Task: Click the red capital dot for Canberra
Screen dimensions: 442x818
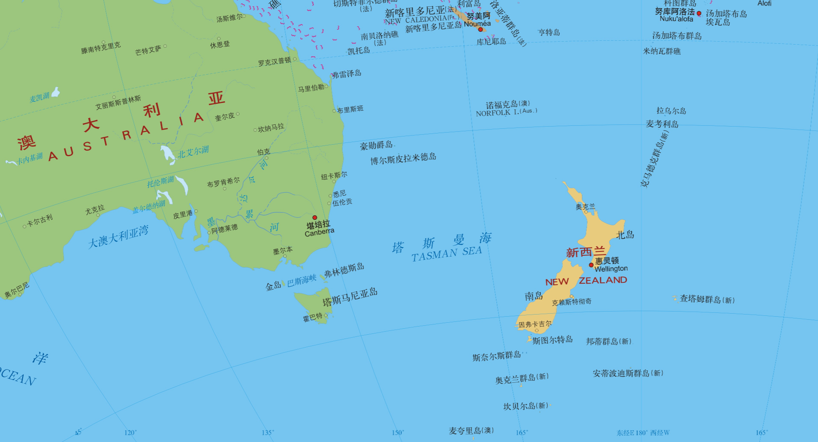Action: pyautogui.click(x=314, y=218)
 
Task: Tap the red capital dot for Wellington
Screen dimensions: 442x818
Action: pyautogui.click(x=591, y=265)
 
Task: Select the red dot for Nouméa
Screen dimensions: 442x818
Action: pyautogui.click(x=480, y=30)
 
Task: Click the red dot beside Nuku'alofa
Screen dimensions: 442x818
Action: pyautogui.click(x=699, y=14)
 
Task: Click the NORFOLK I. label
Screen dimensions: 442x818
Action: pyautogui.click(x=506, y=112)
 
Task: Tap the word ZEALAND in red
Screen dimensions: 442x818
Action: pyautogui.click(x=603, y=280)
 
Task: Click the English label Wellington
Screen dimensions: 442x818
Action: pyautogui.click(x=611, y=269)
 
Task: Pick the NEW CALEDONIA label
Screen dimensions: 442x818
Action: pyautogui.click(x=422, y=20)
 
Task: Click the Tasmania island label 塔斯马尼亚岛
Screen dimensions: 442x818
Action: pyautogui.click(x=350, y=297)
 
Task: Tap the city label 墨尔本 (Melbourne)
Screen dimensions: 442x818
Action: pyautogui.click(x=283, y=250)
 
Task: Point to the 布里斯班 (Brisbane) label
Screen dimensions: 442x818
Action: pyautogui.click(x=350, y=109)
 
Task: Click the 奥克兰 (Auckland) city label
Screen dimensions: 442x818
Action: pyautogui.click(x=585, y=207)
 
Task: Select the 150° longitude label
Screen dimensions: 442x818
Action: pyautogui.click(x=398, y=433)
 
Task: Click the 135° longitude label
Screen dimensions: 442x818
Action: pyautogui.click(x=268, y=433)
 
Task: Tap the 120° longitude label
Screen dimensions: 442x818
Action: pyautogui.click(x=130, y=433)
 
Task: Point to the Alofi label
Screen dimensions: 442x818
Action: pyautogui.click(x=764, y=3)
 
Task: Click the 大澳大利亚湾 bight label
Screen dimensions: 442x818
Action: pyautogui.click(x=118, y=236)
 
